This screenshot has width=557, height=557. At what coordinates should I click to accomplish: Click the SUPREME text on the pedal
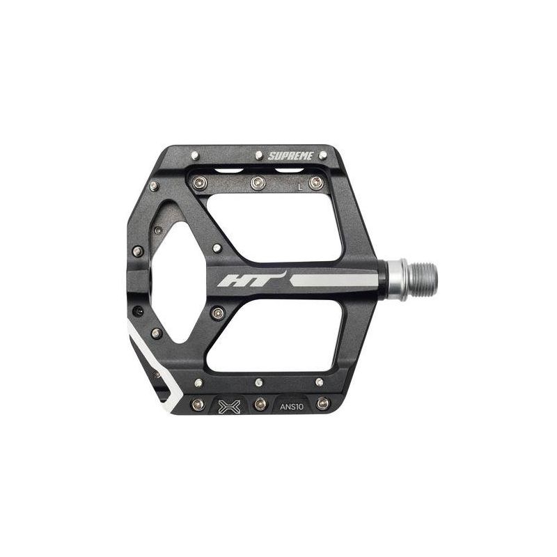[x=290, y=155]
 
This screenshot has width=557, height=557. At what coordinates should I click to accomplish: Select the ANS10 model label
[x=292, y=407]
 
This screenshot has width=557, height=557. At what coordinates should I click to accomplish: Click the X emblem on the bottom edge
[x=230, y=407]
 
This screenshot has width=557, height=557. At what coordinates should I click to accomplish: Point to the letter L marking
[x=300, y=187]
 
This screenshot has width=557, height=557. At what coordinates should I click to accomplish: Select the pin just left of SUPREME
[x=259, y=155]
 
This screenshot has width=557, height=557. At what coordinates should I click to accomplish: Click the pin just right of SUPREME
[x=322, y=155]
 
